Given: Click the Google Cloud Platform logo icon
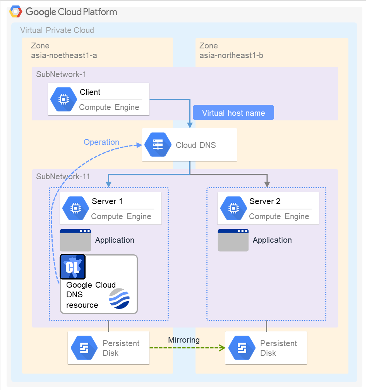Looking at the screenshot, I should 16,12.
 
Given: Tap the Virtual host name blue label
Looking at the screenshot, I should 233,113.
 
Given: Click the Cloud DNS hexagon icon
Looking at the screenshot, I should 158,145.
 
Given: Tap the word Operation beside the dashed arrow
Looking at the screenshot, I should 101,142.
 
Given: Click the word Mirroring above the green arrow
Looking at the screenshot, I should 184,340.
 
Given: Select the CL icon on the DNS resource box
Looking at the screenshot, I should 73,267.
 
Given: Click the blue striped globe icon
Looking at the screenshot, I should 120,298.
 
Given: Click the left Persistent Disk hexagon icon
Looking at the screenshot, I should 84,348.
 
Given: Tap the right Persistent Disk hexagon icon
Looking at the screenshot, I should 242,348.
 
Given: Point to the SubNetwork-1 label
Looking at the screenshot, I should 58,74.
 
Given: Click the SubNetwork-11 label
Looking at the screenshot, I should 63,177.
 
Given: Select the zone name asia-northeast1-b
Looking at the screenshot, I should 231,55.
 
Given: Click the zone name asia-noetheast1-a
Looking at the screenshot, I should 64,55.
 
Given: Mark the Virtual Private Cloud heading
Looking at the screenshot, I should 57,30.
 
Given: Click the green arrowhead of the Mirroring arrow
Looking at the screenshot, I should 223,348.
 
